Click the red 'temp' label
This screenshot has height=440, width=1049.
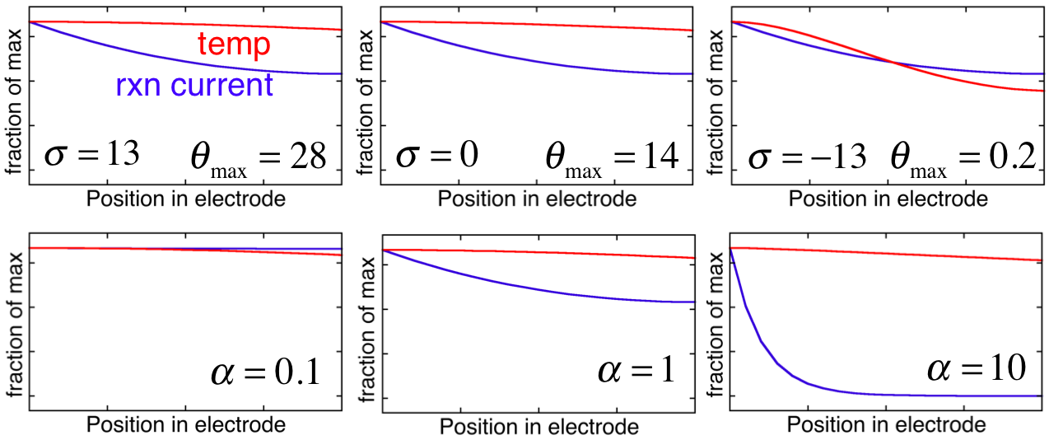[x=234, y=44]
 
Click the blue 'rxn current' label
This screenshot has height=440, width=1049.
[x=194, y=85]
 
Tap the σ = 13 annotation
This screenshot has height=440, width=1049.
[x=92, y=155]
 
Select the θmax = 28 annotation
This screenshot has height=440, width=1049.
[x=259, y=159]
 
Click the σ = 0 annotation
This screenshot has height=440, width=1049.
[x=437, y=155]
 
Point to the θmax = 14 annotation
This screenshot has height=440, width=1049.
[x=612, y=159]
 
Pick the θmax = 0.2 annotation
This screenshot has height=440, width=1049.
[x=963, y=159]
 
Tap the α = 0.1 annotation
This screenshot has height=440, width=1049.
[x=266, y=372]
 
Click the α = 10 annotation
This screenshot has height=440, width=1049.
[x=977, y=367]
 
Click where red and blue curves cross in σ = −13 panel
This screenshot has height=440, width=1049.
[x=894, y=63]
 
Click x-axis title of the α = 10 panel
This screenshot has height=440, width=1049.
[x=887, y=424]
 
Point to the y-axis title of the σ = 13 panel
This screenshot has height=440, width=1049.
[x=15, y=101]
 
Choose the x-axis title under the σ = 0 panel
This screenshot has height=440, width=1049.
[x=537, y=199]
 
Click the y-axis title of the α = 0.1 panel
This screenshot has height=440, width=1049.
[x=16, y=325]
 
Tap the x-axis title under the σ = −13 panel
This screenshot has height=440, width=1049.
[x=888, y=199]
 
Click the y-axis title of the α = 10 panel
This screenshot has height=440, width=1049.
[x=716, y=325]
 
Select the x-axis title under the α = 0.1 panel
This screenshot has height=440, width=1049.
[x=186, y=424]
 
